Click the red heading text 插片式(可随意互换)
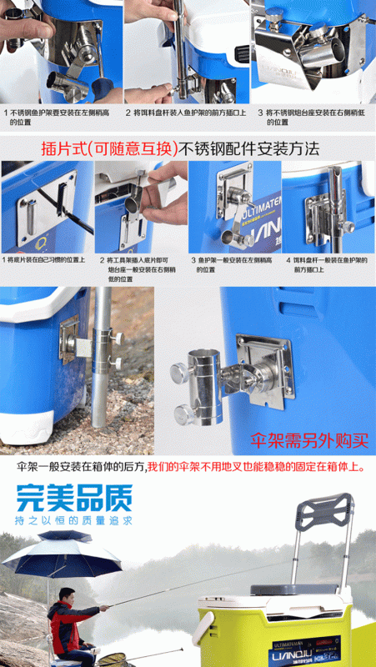[x=121, y=150]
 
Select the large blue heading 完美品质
[x=74, y=499]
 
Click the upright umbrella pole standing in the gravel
[x=99, y=367]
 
